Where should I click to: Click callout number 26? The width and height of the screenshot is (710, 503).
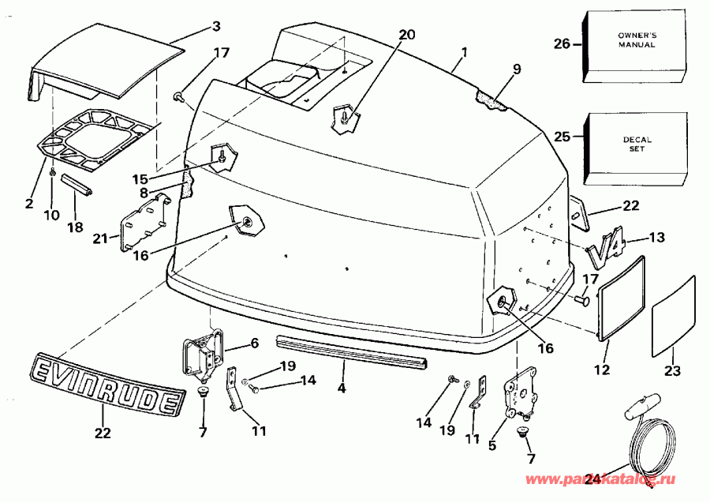point(562,44)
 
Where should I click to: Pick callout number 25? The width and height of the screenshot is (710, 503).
point(562,137)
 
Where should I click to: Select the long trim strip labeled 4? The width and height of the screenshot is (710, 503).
point(351,351)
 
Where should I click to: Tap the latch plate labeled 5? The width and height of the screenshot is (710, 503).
point(521,390)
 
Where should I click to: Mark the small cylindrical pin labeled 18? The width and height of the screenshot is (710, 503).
point(77,185)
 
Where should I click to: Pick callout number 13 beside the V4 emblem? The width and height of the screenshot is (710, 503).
point(657,237)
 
